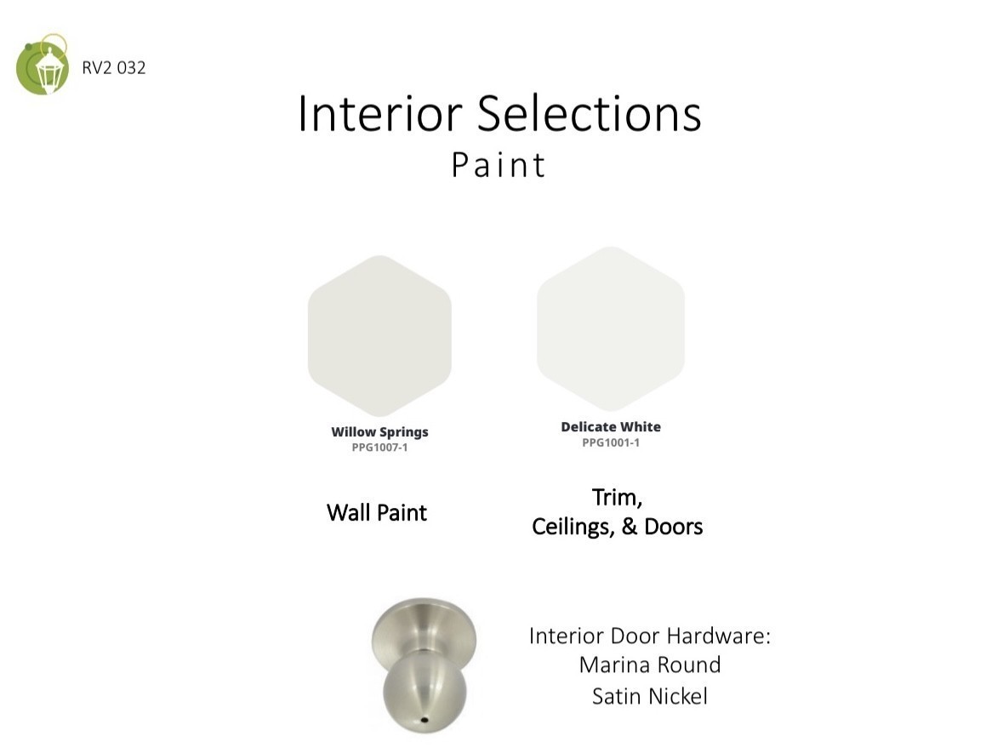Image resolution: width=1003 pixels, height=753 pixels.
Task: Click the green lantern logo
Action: pyautogui.click(x=43, y=65)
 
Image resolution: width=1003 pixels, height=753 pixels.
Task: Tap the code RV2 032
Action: pyautogui.click(x=114, y=68)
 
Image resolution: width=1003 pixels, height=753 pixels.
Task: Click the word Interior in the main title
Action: pyautogui.click(x=380, y=114)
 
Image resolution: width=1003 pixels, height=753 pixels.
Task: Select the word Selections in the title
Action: pyautogui.click(x=590, y=114)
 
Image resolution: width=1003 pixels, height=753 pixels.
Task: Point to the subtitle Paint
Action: pyautogui.click(x=499, y=165)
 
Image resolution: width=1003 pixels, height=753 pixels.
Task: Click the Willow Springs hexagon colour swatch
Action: pyautogui.click(x=380, y=336)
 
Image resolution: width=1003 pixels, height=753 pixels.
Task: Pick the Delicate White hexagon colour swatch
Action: pyautogui.click(x=611, y=328)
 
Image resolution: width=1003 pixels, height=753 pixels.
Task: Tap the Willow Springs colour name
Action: pyautogui.click(x=380, y=432)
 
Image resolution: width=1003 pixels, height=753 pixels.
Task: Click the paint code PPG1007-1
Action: pyautogui.click(x=380, y=448)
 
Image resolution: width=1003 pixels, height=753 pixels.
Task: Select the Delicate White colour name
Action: pyautogui.click(x=611, y=427)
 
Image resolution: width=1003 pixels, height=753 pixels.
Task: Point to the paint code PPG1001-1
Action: pyautogui.click(x=611, y=442)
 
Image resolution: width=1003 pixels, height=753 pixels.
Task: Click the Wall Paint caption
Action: pyautogui.click(x=377, y=512)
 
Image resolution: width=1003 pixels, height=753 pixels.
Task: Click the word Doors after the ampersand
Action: pyautogui.click(x=674, y=527)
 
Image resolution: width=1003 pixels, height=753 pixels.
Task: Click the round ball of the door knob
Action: pyautogui.click(x=425, y=692)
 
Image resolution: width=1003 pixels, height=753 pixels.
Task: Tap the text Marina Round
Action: pyautogui.click(x=650, y=665)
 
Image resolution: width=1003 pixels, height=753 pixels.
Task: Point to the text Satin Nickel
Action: pyautogui.click(x=650, y=696)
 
